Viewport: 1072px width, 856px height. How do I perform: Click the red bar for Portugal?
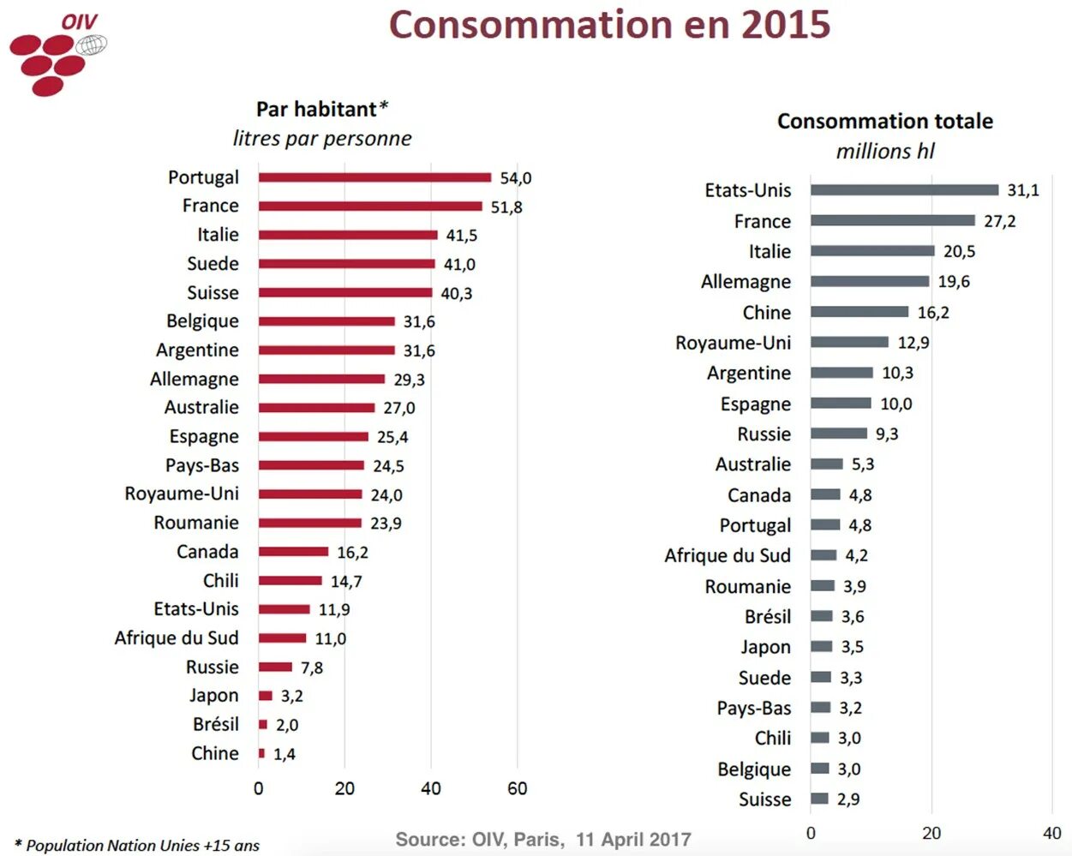374,177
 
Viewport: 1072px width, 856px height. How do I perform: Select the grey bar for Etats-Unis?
904,190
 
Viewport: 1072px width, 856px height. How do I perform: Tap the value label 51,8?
506,207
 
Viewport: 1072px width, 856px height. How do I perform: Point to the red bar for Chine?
261,753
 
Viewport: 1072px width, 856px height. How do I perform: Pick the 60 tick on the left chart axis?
517,788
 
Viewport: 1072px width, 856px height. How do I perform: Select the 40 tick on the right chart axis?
1051,833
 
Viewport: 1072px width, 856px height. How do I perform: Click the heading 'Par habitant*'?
321,110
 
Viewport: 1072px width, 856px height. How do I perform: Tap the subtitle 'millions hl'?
884,152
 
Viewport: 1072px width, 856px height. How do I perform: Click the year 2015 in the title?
785,25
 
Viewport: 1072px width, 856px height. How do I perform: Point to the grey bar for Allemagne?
869,281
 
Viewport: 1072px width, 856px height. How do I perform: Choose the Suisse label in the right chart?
764,799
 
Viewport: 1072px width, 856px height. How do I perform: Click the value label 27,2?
999,221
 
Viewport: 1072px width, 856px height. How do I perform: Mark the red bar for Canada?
293,552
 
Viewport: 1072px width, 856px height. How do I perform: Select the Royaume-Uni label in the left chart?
182,494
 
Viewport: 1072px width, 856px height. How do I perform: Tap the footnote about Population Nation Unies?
137,846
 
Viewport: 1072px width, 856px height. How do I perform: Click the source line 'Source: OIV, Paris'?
543,840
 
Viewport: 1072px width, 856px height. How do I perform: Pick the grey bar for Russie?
838,434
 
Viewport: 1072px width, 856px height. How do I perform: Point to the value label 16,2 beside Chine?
932,313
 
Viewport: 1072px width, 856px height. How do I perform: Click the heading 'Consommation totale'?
884,122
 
